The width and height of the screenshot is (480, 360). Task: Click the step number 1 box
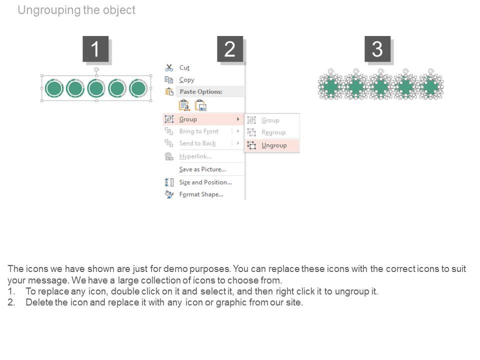[x=95, y=49]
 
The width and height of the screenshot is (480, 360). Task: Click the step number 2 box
[x=230, y=49]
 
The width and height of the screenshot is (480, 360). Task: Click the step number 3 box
[x=377, y=49]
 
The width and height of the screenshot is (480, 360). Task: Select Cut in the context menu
[x=184, y=67]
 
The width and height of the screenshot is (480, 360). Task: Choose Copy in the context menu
[x=186, y=80]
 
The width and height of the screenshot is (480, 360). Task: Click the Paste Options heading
[x=201, y=91]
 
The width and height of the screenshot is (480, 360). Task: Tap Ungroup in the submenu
[x=274, y=145]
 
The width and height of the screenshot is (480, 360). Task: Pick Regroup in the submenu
[x=273, y=132]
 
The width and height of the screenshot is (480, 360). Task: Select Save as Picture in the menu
[x=202, y=169]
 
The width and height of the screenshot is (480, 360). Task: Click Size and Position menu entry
[x=205, y=182]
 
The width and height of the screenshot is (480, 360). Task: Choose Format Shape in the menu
[x=201, y=194]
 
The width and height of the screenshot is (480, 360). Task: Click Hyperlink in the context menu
[x=195, y=156]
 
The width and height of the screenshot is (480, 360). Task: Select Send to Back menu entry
[x=197, y=143]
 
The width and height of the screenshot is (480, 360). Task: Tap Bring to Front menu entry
[x=199, y=131]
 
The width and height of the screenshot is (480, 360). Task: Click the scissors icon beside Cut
[x=169, y=67]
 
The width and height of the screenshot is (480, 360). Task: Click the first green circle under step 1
[x=54, y=88]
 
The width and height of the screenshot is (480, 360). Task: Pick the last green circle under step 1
[x=138, y=88]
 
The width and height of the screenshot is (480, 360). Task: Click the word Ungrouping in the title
[x=49, y=10]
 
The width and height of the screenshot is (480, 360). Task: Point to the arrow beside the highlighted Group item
[x=238, y=119]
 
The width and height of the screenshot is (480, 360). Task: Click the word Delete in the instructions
[x=39, y=302]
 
